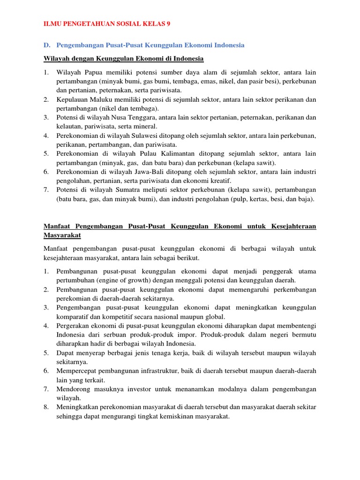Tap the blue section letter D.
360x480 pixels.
(x=47, y=45)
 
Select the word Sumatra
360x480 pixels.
(x=134, y=190)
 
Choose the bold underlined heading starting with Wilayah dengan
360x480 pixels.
(x=124, y=58)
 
